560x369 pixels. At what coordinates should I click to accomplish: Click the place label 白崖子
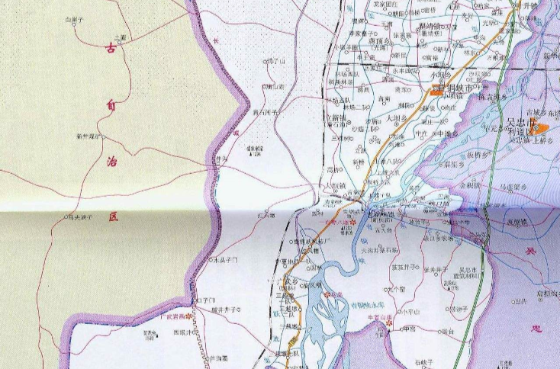tap(76, 18)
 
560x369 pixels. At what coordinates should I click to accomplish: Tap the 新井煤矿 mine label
tap(89, 137)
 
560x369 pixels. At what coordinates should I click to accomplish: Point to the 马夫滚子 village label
tap(79, 217)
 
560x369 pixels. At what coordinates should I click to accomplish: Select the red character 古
tap(111, 50)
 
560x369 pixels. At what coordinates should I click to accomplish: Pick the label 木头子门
tap(225, 260)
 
